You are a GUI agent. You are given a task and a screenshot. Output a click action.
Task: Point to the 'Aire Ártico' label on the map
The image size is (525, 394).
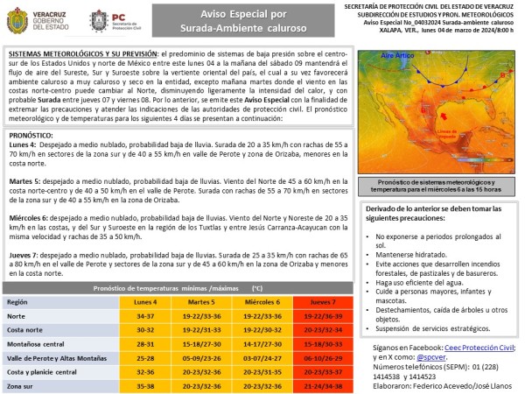click(x=398, y=55)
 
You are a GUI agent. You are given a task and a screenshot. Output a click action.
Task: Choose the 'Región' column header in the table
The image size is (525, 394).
click(x=18, y=300)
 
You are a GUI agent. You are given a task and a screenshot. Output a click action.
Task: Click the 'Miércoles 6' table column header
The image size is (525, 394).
click(x=263, y=300)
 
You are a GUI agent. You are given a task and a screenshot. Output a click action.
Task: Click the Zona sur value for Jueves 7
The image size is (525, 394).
click(x=324, y=385)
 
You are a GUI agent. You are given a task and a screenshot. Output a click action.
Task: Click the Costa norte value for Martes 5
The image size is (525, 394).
click(x=201, y=329)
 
